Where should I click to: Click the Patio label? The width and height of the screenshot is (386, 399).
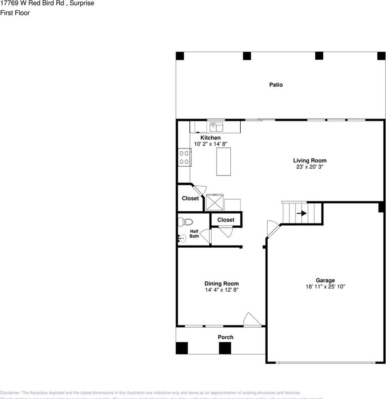[276, 85]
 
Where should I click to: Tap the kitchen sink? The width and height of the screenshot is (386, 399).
[216, 126]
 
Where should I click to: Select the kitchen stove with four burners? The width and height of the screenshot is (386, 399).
[184, 158]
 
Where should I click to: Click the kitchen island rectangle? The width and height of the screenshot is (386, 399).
[223, 161]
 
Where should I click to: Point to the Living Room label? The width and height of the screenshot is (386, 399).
[310, 160]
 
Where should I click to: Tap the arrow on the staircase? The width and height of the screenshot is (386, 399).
[302, 213]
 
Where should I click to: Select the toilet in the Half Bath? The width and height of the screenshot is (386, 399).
[183, 221]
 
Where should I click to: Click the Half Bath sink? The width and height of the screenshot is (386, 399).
[182, 238]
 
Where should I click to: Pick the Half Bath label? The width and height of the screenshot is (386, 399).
[194, 234]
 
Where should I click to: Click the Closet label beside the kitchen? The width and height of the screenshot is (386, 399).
[190, 199]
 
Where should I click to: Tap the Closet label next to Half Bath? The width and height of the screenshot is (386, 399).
[226, 220]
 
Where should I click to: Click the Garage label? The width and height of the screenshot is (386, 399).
[325, 281]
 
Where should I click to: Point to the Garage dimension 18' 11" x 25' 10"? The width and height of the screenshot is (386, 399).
[325, 287]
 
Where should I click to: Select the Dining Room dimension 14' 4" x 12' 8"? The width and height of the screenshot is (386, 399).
[221, 290]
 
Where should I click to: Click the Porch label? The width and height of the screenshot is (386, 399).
[225, 337]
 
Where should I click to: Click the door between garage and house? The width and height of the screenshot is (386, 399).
[272, 229]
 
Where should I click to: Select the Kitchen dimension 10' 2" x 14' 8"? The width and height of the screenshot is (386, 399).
[210, 144]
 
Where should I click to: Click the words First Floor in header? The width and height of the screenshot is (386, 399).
[15, 13]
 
